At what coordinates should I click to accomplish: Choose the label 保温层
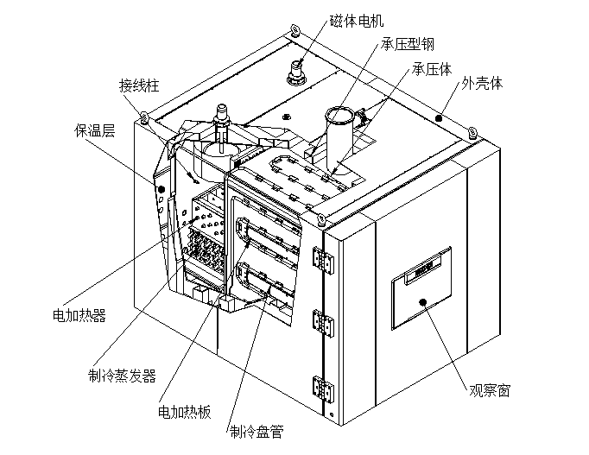click(94, 131)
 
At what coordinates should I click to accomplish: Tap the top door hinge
click(321, 260)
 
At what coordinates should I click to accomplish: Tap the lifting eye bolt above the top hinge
click(321, 218)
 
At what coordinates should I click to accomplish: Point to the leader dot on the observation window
click(423, 301)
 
